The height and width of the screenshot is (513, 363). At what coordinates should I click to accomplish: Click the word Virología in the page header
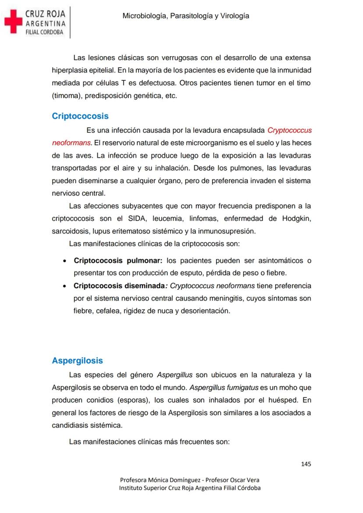(235, 16)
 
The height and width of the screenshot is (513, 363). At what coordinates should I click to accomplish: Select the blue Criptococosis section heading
(80, 116)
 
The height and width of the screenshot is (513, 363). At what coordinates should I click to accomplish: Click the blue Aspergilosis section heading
(77, 360)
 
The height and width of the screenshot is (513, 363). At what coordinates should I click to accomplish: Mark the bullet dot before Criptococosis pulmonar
(64, 261)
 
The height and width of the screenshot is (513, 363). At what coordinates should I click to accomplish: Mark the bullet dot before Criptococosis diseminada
(64, 286)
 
